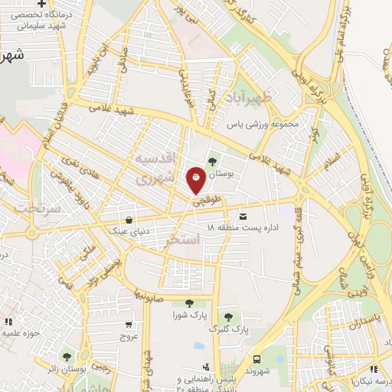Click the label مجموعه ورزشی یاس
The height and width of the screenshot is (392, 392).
pos(266,122)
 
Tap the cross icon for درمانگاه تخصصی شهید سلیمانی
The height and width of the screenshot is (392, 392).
pos(52,5)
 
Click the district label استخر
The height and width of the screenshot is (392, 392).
pos(183,240)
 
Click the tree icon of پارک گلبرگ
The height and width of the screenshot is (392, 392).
pos(227,316)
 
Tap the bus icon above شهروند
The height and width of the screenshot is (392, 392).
pos(257,358)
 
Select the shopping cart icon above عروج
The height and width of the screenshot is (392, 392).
pos(126,322)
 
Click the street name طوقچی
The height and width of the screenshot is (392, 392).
pos(206,202)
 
